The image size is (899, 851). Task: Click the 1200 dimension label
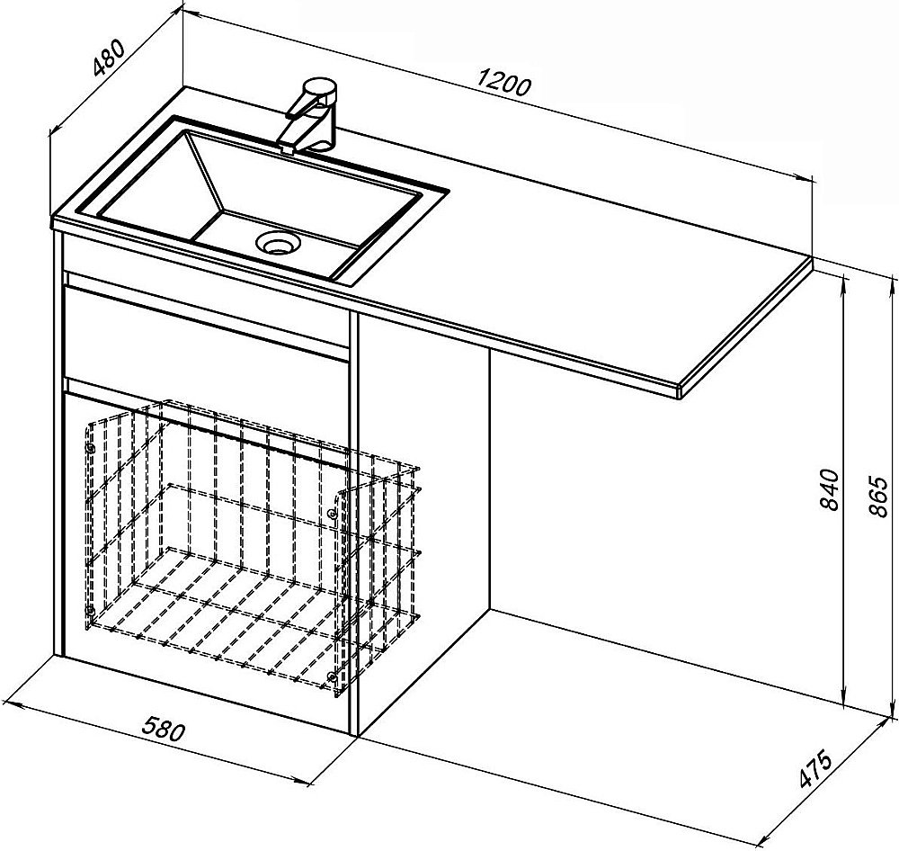pyautogui.click(x=504, y=82)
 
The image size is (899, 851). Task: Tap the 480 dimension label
pyautogui.click(x=109, y=58)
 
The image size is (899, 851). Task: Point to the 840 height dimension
pyautogui.click(x=829, y=489)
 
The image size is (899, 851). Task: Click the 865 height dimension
pyautogui.click(x=878, y=497)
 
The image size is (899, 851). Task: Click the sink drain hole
pyautogui.click(x=278, y=242)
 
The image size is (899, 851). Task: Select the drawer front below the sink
pyautogui.click(x=207, y=324)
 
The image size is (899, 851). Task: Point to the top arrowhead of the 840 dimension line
pyautogui.click(x=843, y=282)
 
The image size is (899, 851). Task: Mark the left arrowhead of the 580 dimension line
pyautogui.click(x=13, y=703)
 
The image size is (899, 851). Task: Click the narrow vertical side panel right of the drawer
pyautogui.click(x=353, y=522)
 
